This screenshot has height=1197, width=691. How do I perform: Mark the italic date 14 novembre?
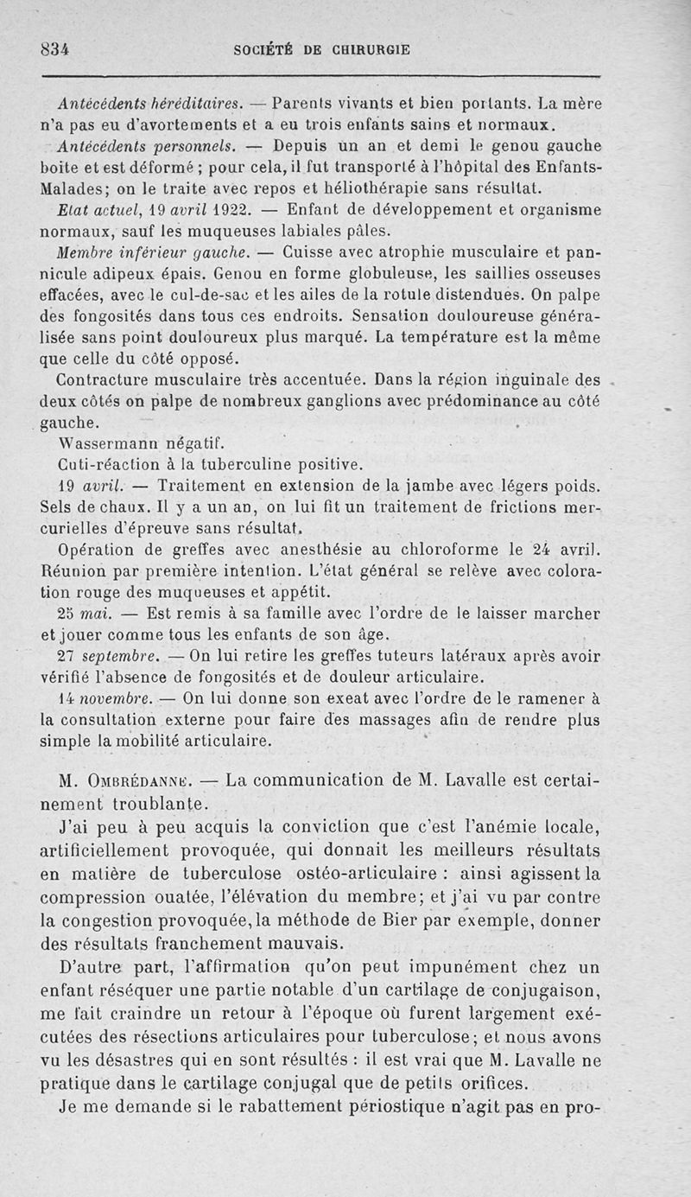point(105,697)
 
